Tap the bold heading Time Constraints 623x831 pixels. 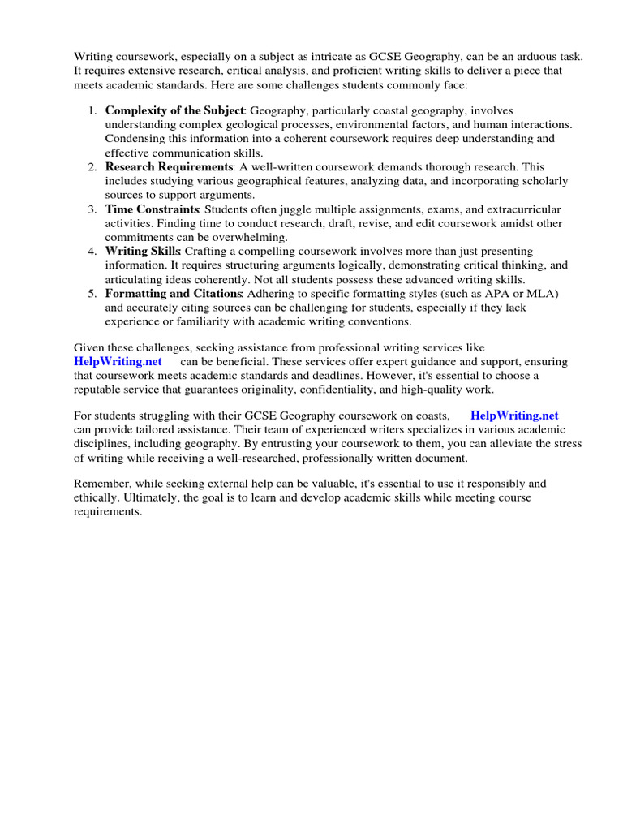153,209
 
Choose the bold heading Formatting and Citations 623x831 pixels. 174,293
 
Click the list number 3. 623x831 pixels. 92,209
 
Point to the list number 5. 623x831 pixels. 92,293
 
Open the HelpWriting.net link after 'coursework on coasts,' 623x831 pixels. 514,415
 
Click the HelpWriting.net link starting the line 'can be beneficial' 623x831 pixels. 118,361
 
